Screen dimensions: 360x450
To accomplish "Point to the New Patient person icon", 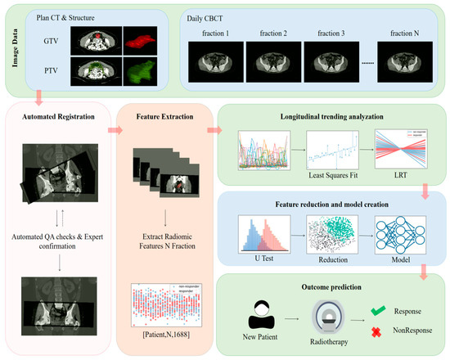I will [x=259, y=313].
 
